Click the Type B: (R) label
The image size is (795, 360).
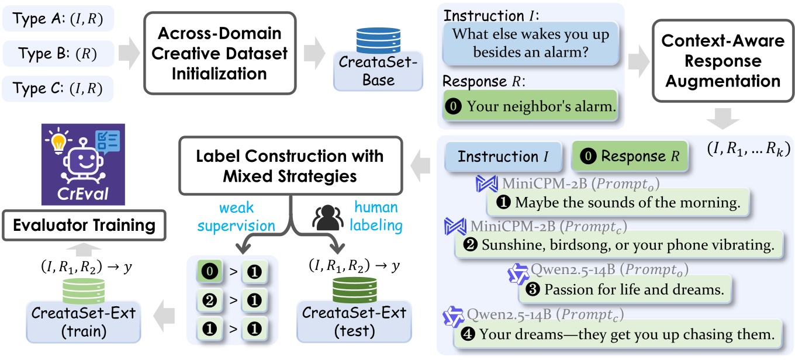point(58,54)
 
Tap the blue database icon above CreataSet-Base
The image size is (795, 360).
point(374,40)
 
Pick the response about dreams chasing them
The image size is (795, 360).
point(617,334)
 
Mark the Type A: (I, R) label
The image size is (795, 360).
point(58,19)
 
